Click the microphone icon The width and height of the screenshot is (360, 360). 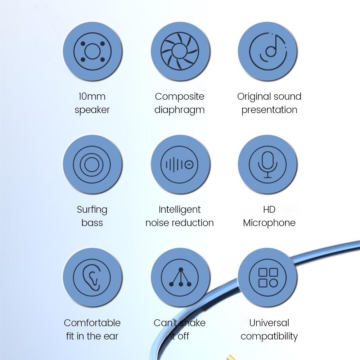pos(268,165)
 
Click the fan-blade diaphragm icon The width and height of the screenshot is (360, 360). pos(180,51)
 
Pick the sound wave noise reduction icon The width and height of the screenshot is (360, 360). pos(180,165)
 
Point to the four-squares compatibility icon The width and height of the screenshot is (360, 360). pos(268,277)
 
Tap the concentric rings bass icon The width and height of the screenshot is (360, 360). pos(92,165)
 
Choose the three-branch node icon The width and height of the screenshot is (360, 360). pos(180,277)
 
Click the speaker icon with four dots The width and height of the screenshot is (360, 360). pos(92,51)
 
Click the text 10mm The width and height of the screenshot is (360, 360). pos(92,96)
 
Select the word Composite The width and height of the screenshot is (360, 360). pos(180,97)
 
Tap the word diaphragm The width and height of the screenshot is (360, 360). pos(180,110)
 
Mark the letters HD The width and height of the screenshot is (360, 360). pos(269,210)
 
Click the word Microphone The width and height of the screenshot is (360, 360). pos(269,223)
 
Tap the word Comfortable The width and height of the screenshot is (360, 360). pos(92,323)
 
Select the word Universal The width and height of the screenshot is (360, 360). pos(269,323)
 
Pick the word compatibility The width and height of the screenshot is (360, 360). pos(269,337)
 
